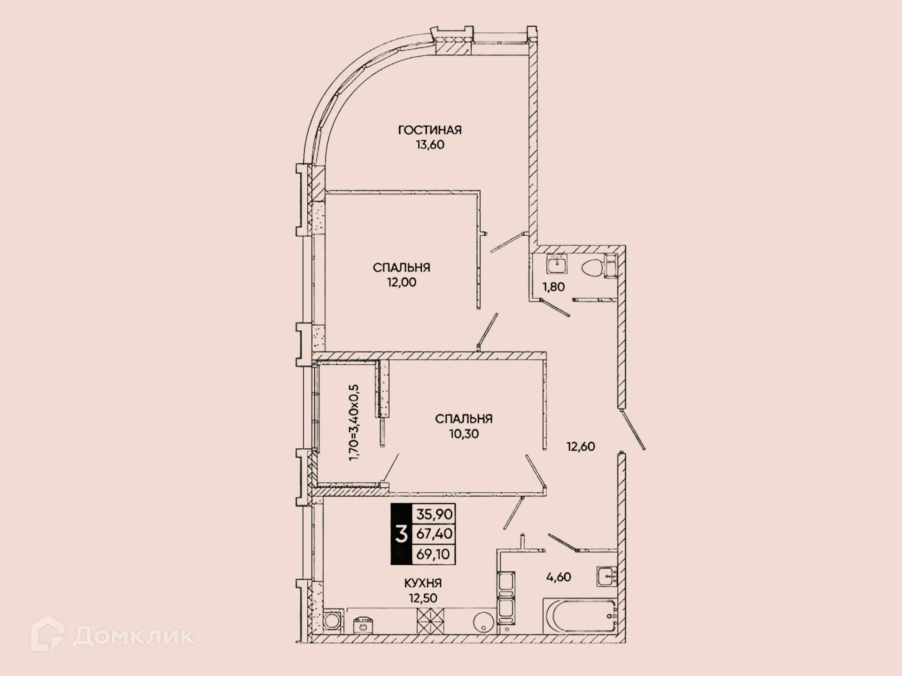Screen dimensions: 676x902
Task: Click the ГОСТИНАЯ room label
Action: [429, 130]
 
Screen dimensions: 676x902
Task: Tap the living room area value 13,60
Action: [429, 145]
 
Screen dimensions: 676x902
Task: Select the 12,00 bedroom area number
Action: [401, 282]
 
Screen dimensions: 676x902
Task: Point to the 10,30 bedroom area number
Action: [464, 434]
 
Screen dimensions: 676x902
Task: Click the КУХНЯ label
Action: [423, 583]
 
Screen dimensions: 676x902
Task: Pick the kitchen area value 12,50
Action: [423, 598]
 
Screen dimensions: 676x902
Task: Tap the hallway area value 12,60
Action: [581, 446]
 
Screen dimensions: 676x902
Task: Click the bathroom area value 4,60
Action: [559, 577]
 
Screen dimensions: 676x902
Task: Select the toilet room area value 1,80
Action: [553, 287]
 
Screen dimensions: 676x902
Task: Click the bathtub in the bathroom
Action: [580, 615]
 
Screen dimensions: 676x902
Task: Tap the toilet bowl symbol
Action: [592, 269]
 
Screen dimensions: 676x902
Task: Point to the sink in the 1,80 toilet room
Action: [557, 264]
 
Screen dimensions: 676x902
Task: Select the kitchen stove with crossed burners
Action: [430, 621]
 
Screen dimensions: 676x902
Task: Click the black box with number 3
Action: [401, 534]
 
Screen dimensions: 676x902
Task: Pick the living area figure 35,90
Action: [434, 514]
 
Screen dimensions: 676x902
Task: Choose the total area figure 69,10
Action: [433, 554]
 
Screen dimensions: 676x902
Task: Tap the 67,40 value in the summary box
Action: [434, 534]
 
